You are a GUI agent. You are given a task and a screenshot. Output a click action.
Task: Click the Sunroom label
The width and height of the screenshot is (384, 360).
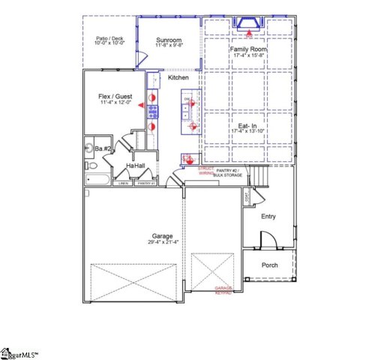click(169, 40)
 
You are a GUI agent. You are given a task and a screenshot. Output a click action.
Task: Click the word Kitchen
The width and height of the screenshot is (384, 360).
click(178, 78)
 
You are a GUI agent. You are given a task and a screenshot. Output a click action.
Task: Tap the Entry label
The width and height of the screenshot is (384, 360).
click(268, 217)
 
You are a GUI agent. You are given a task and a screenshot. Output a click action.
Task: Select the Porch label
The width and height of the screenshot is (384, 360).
click(269, 265)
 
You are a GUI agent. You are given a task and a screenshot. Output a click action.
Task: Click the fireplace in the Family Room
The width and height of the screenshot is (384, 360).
click(247, 25)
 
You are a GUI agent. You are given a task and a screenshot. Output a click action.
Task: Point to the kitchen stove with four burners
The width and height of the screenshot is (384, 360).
click(152, 112)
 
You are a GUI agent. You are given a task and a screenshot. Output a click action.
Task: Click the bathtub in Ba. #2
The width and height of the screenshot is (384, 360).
click(97, 179)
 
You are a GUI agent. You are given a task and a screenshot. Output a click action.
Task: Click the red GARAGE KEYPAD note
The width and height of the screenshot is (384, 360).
click(223, 289)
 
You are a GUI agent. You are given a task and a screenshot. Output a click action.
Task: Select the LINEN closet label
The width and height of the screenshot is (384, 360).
click(122, 183)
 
